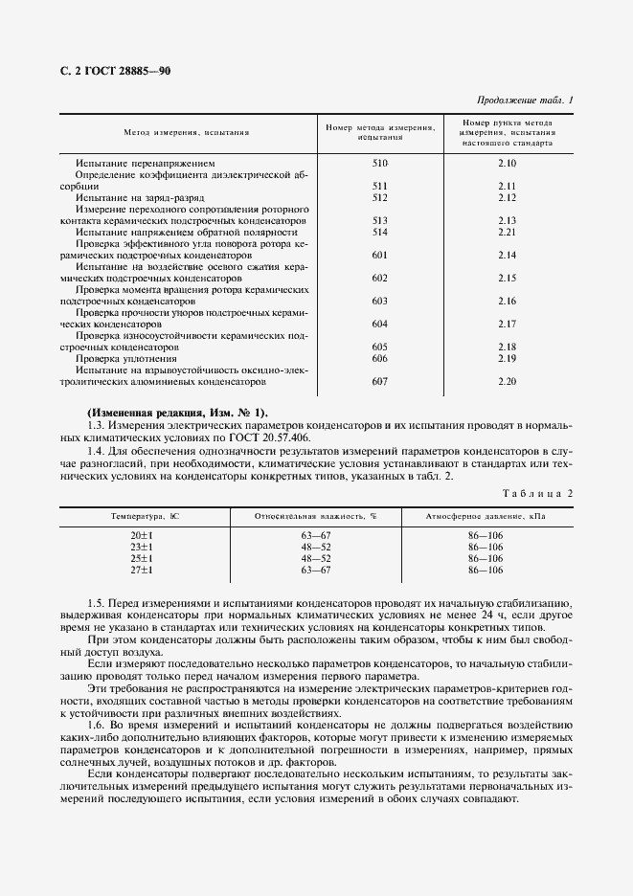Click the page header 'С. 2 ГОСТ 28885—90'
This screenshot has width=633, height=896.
pyautogui.click(x=116, y=72)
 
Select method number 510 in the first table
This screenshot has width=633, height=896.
pyautogui.click(x=379, y=164)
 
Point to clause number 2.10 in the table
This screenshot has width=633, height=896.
pyautogui.click(x=507, y=164)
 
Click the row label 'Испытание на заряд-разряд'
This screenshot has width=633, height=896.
pyautogui.click(x=133, y=197)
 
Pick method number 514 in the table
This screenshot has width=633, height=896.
pyautogui.click(x=379, y=232)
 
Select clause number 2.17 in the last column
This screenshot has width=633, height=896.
pyautogui.click(x=507, y=323)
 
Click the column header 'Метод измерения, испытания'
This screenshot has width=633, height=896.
pyautogui.click(x=187, y=134)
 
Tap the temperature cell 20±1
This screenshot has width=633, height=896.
pyautogui.click(x=142, y=534)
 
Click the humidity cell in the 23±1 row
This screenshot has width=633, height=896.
pyautogui.click(x=316, y=546)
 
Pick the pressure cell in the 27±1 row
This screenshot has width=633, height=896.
pyautogui.click(x=486, y=570)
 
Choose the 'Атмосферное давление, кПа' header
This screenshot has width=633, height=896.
pyautogui.click(x=486, y=516)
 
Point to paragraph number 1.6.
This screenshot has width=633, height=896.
pyautogui.click(x=95, y=726)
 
